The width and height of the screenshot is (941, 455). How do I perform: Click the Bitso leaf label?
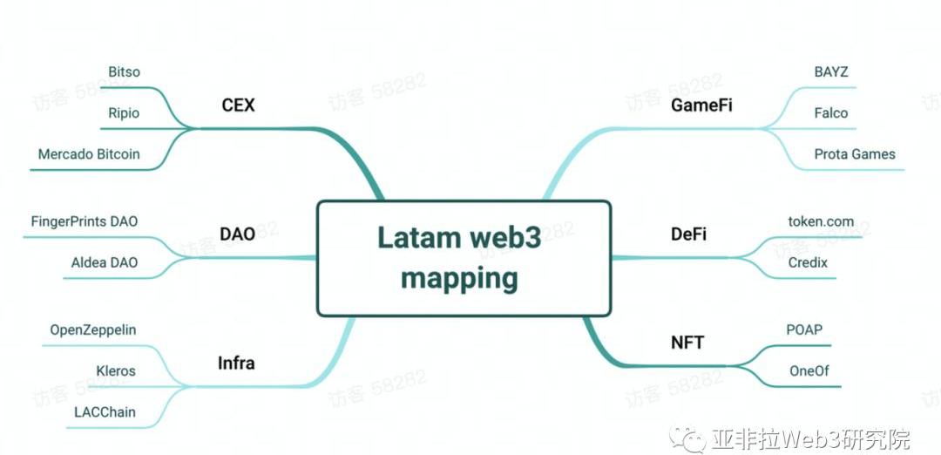124,71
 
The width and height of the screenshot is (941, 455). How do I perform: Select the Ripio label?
123,113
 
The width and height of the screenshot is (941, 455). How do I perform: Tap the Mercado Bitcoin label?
89,154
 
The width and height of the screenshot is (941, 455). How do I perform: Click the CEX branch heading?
238,105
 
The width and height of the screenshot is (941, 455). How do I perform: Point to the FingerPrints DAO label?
84,221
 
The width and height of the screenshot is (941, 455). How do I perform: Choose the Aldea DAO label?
105,262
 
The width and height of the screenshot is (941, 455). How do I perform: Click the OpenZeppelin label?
93,329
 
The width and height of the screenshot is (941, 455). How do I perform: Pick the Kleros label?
116,370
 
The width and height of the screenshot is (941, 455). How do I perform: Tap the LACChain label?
105,411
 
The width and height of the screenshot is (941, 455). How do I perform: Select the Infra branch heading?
235,363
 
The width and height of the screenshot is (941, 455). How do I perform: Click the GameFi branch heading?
701,105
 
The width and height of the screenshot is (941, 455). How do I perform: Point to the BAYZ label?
830,71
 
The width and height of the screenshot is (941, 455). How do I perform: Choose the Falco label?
830,113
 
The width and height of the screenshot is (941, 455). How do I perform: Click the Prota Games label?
855,154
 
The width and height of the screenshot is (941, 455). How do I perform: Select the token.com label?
821,221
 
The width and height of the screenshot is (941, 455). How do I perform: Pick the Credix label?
809,262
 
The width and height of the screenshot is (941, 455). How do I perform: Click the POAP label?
803,329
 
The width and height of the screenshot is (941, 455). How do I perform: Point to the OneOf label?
809,370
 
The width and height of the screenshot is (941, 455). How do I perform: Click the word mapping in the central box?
459,279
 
